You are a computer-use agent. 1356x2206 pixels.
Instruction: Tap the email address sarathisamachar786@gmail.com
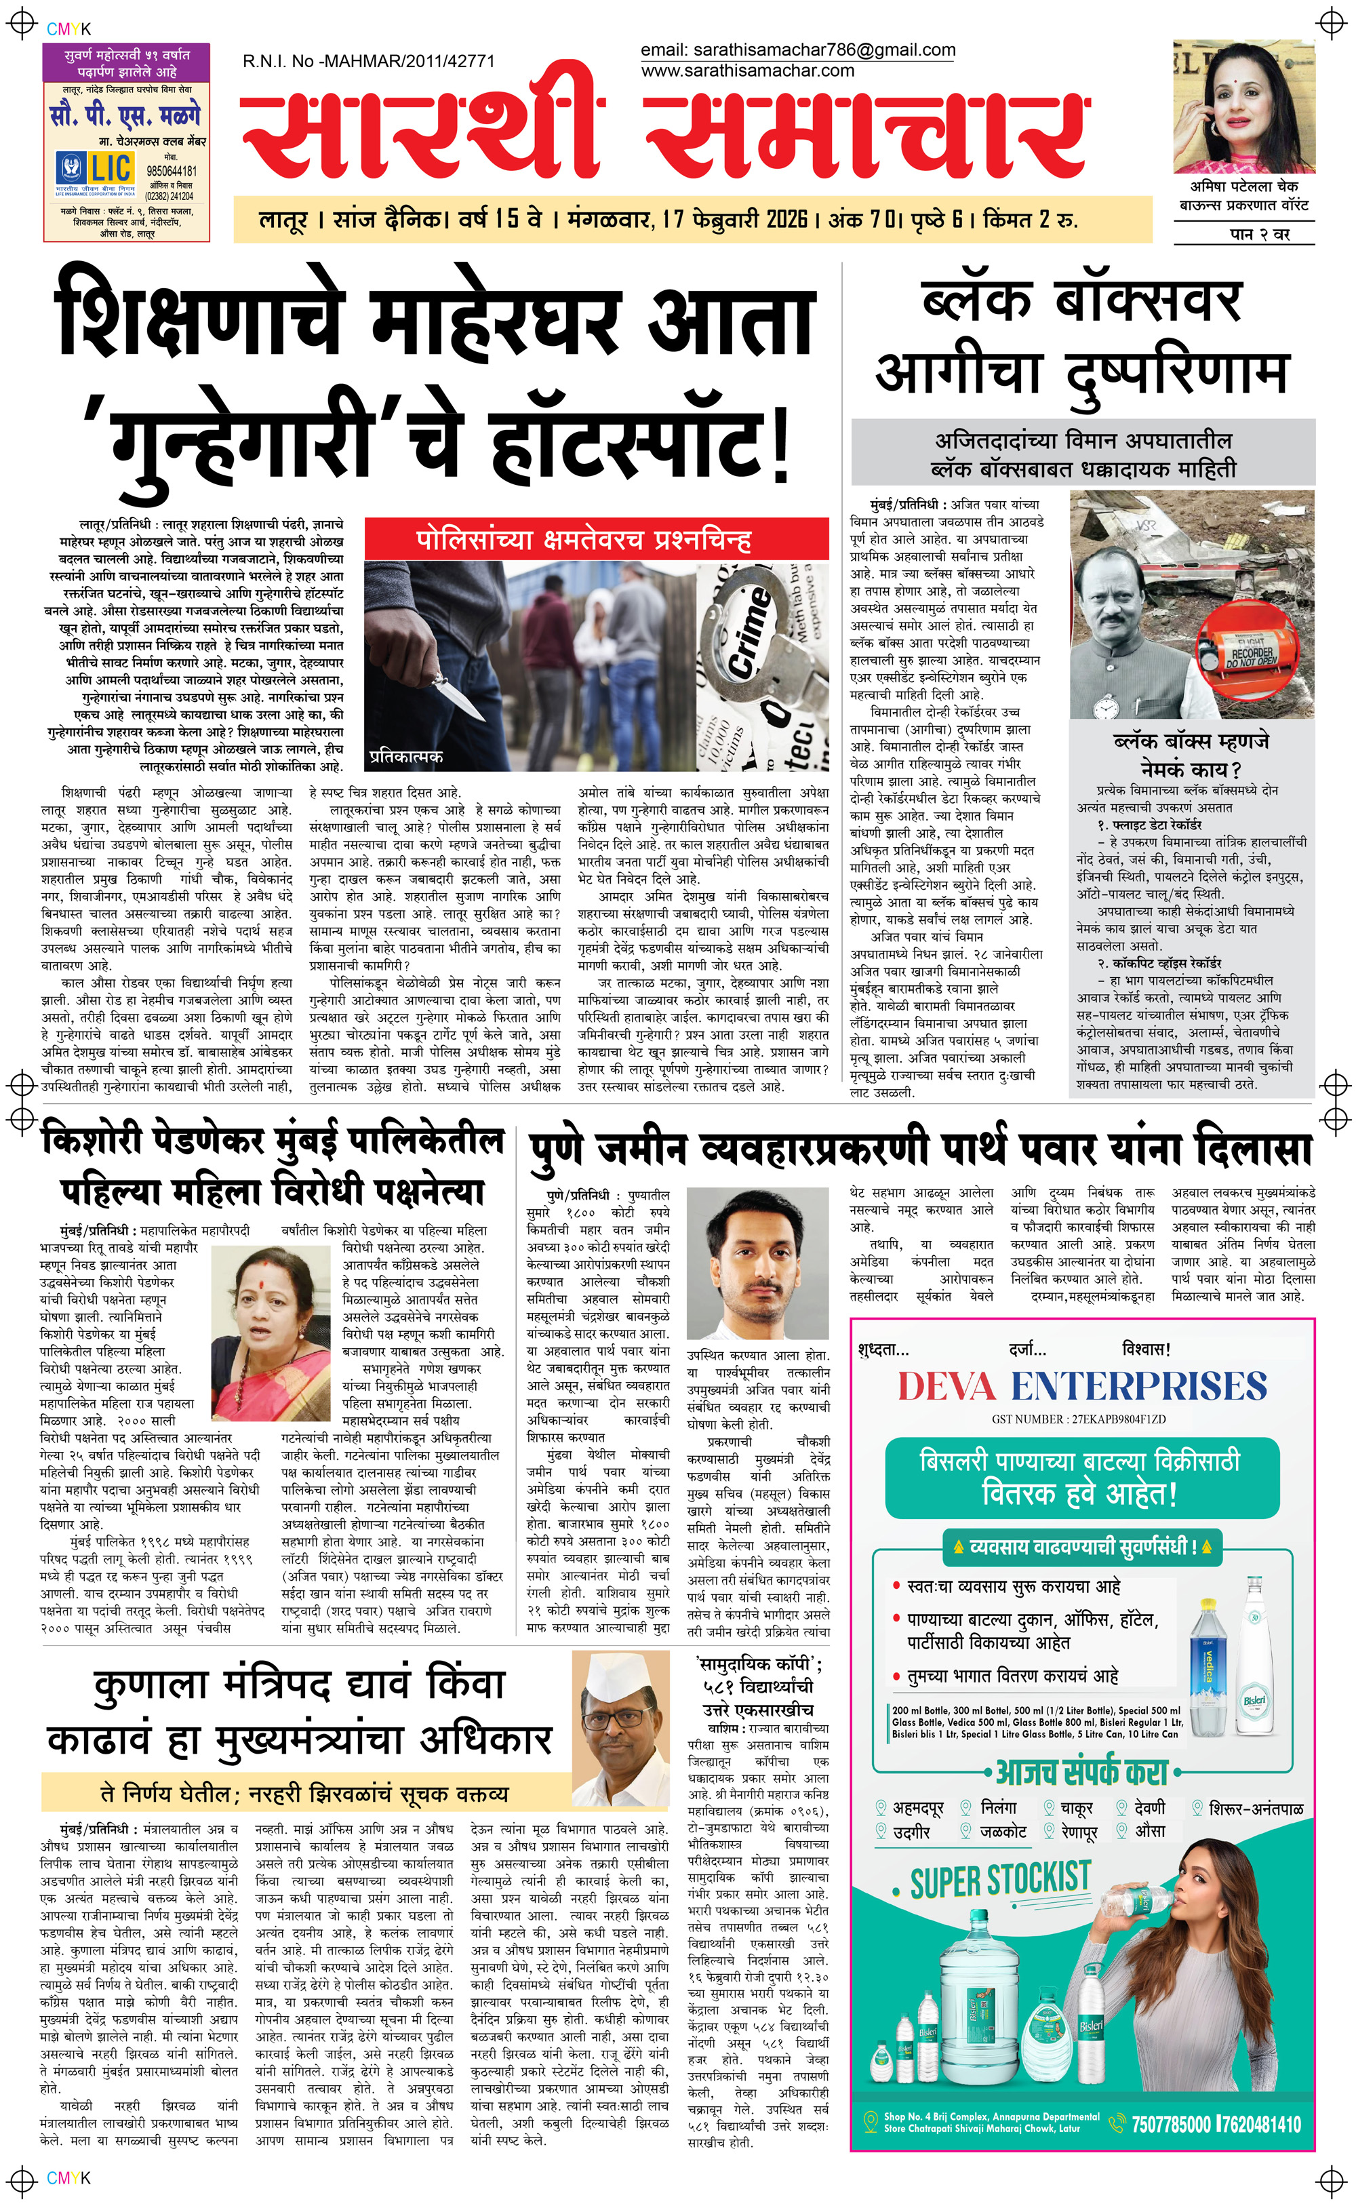(x=797, y=50)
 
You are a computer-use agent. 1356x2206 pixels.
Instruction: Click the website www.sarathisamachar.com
(x=747, y=71)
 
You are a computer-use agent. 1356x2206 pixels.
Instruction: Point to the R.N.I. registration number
(x=369, y=61)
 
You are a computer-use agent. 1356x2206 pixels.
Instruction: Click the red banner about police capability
(x=597, y=540)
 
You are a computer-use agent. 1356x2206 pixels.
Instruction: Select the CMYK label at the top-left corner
(x=68, y=28)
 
